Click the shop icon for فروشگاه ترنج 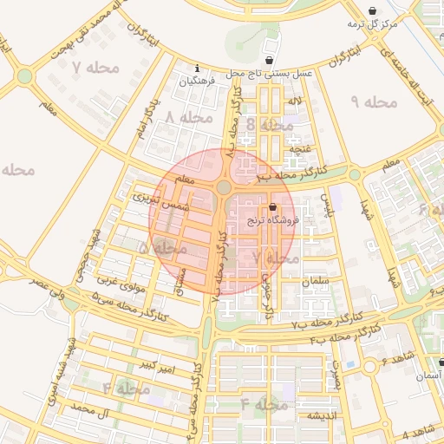[x=274, y=207]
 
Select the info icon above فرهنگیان [x=199, y=68]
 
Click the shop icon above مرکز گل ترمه [x=373, y=11]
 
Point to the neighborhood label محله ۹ [x=374, y=102]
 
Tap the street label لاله [x=296, y=102]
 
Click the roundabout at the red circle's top [x=224, y=187]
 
